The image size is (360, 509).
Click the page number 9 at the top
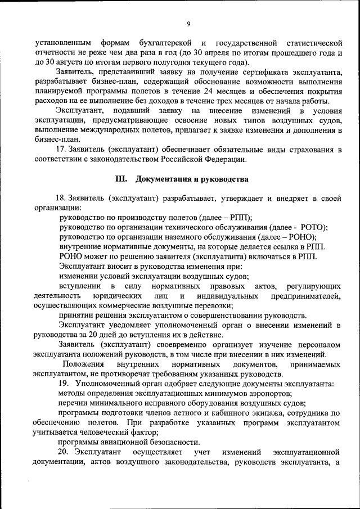click(189, 23)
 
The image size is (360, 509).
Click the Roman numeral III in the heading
click(121, 179)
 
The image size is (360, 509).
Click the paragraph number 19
click(64, 383)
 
